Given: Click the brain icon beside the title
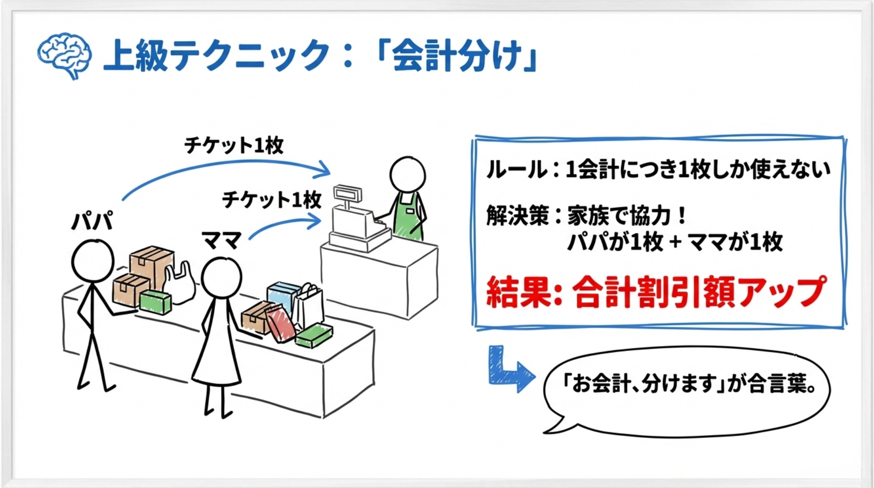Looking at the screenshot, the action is click(64, 55).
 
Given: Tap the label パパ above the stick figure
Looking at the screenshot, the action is click(92, 221).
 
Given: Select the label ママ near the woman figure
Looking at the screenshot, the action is click(222, 240).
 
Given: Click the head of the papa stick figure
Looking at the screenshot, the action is click(92, 261).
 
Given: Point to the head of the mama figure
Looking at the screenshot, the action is click(221, 278).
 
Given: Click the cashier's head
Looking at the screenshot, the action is click(407, 174).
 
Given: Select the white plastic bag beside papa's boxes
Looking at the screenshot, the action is click(179, 284).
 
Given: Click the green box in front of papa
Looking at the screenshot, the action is click(155, 302).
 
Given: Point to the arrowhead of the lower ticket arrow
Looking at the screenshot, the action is click(315, 221).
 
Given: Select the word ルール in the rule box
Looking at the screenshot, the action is click(517, 170).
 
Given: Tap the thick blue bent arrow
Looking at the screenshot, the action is click(508, 369).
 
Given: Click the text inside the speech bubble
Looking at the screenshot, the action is click(689, 384).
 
